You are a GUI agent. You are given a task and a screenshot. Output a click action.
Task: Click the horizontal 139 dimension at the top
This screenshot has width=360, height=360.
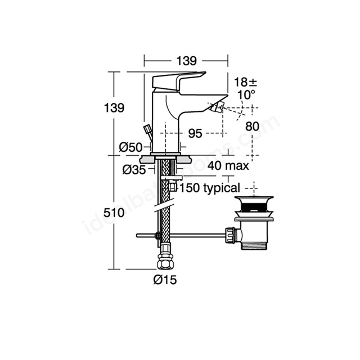pos(186,61)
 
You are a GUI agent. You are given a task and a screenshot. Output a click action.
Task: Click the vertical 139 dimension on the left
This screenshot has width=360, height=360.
pos(114,107)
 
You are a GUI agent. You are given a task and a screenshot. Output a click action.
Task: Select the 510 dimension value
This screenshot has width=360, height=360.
pos(114,213)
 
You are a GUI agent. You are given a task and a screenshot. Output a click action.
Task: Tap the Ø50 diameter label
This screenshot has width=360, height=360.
pos(130,147)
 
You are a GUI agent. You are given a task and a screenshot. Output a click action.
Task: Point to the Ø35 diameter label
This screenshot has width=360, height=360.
pos(134,170)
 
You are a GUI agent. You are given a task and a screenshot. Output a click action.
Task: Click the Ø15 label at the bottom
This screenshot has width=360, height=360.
pos(165,280)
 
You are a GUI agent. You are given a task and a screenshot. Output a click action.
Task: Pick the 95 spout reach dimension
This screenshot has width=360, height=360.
pos(195,133)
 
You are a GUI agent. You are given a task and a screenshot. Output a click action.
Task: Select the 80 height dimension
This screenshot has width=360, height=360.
pos(253,126)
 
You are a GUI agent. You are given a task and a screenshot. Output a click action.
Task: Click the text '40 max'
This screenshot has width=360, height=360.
pos(228,165)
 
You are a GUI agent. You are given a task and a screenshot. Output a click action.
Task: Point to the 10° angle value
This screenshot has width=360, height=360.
pos(243,94)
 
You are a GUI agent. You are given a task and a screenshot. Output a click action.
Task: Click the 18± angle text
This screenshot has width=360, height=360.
pos(245,82)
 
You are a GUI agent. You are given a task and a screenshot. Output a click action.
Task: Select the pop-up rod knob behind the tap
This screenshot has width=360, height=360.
pos(147,128)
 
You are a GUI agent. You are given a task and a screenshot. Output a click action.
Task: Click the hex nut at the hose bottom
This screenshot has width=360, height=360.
pos(165,261)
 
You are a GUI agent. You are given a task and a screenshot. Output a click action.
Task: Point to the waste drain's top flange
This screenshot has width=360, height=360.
pos(254,198)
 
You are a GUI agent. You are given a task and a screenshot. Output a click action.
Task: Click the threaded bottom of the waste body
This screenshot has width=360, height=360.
pos(254,245)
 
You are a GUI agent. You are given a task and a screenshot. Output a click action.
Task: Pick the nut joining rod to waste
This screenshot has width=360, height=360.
pos(230,235)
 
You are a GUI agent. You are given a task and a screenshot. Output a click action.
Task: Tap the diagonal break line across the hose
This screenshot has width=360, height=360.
pos(164,207)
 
